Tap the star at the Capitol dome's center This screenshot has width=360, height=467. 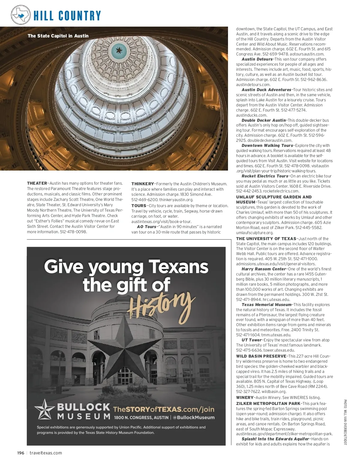pyautogui.click(x=119, y=50)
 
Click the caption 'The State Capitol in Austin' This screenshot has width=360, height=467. pyautogui.click(x=58, y=36)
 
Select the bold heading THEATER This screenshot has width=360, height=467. pyautogui.click(x=37, y=183)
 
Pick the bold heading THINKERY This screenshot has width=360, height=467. pyautogui.click(x=142, y=184)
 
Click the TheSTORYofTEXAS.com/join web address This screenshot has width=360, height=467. pyautogui.click(x=163, y=409)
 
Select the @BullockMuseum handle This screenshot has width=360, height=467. pyautogui.click(x=194, y=417)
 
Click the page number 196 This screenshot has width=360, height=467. pyautogui.click(x=21, y=453)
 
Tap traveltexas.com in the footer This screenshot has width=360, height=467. pyautogui.click(x=46, y=453)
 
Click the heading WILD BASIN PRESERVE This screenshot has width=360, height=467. pyautogui.click(x=261, y=356)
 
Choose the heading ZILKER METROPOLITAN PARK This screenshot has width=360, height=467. pyautogui.click(x=268, y=403)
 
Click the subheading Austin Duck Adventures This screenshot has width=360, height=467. pyautogui.click(x=266, y=90)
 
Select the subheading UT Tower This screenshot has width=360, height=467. pyautogui.click(x=251, y=340)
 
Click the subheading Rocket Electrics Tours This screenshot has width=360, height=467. pyautogui.click(x=265, y=176)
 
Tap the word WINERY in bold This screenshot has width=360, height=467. pyautogui.click(x=245, y=397)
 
